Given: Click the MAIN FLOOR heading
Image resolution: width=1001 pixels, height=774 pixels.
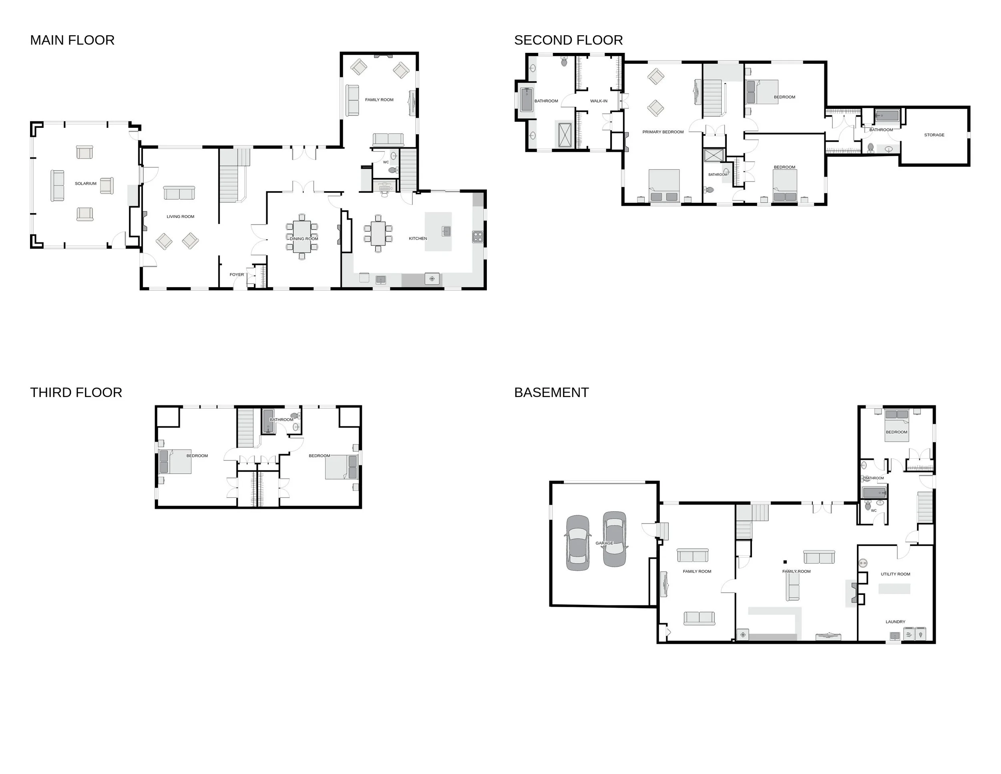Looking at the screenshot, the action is tap(72, 40).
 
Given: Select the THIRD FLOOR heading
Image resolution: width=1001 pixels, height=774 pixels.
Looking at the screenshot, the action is tap(76, 393).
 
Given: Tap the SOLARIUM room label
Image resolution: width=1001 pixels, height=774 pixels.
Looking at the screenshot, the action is tap(86, 183).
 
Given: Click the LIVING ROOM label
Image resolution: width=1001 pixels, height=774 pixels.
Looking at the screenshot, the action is tap(181, 216).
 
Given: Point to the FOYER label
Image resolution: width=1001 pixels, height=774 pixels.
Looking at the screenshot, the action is tap(237, 275).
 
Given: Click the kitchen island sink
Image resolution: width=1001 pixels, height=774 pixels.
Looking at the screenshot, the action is tap(446, 231).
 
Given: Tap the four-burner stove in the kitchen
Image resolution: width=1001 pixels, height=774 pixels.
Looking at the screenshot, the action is tap(478, 237).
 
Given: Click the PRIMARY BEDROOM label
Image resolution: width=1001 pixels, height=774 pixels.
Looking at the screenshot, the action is tap(663, 132).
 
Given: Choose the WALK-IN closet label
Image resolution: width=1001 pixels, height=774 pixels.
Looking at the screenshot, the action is tap(599, 101).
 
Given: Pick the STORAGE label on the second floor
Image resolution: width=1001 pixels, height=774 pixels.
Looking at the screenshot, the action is tap(934, 135).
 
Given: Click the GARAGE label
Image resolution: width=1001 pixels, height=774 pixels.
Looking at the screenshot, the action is tap(604, 543).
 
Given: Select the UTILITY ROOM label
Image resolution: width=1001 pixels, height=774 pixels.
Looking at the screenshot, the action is tap(895, 574).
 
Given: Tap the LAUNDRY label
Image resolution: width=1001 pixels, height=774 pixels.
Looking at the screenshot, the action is tap(895, 622).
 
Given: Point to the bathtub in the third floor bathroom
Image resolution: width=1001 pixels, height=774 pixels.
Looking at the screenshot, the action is tap(268, 421).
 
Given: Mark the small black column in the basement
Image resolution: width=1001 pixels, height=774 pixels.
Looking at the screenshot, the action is tap(785, 562).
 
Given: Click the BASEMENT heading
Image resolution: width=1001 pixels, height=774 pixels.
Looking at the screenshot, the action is tap(551, 393).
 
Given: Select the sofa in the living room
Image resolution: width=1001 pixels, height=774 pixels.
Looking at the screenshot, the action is tap(179, 193).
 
